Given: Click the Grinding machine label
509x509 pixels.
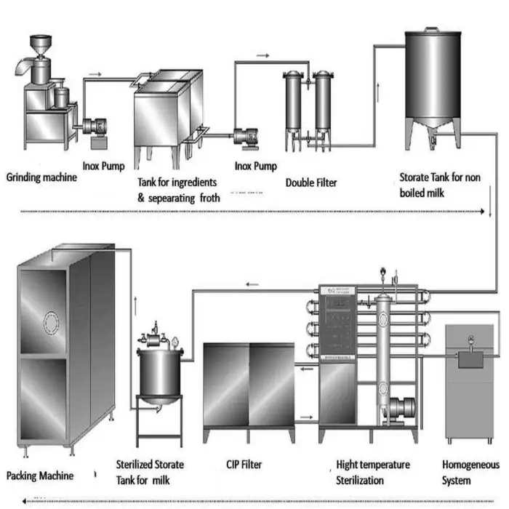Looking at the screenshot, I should [x=41, y=176].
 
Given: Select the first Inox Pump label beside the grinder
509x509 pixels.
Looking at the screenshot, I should [x=103, y=166].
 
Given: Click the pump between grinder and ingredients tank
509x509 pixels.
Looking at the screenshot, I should [x=95, y=127].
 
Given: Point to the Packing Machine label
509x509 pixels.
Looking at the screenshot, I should [x=40, y=476].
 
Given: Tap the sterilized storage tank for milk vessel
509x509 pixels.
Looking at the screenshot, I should [x=160, y=371].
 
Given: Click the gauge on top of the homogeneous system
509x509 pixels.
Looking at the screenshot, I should [x=471, y=339].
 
